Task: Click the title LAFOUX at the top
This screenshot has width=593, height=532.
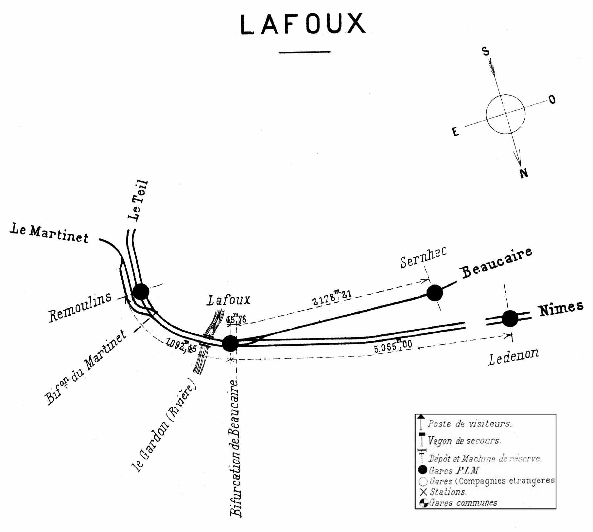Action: click(x=303, y=24)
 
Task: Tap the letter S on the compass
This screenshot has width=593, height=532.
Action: click(x=486, y=51)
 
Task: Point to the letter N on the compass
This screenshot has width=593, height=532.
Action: click(x=524, y=173)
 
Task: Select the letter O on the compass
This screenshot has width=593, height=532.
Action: click(x=552, y=99)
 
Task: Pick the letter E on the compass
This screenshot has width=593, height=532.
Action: click(x=455, y=132)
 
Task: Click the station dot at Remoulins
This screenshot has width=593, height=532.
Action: click(x=141, y=291)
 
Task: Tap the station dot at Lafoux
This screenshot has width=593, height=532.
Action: click(x=230, y=343)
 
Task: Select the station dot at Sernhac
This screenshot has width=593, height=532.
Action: click(x=435, y=293)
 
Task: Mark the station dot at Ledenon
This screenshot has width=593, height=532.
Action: click(x=510, y=318)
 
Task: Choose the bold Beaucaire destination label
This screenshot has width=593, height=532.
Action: click(x=497, y=263)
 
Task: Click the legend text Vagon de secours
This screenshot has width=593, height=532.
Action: click(x=464, y=441)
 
